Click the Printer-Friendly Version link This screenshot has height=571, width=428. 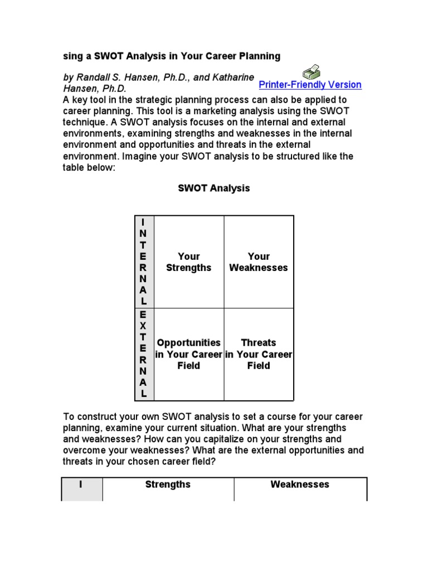pos(310,85)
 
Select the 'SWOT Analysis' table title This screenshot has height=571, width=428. pos(214,188)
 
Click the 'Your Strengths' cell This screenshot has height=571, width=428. pos(189,262)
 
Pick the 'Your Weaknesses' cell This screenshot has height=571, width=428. pos(259,262)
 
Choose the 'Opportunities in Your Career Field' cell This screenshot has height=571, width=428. pos(189,354)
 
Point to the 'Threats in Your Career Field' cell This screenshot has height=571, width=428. pos(259,354)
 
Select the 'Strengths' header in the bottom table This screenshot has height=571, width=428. pos(168,485)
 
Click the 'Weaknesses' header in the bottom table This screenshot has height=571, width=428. pos(300,485)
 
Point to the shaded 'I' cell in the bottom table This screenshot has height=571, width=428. pos(81,485)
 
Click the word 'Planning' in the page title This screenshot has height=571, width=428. pos(260,56)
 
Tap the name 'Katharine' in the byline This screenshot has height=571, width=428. pos(231,77)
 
